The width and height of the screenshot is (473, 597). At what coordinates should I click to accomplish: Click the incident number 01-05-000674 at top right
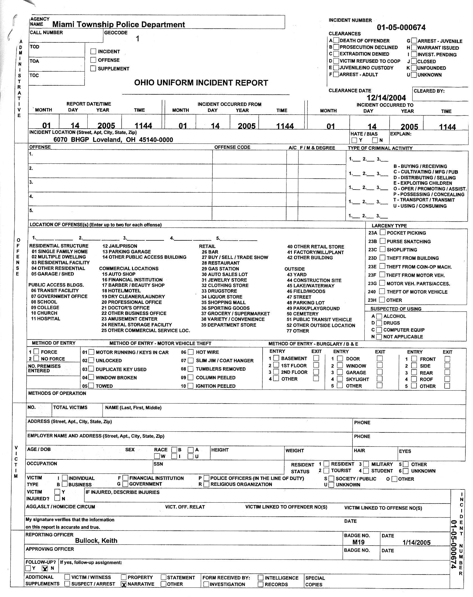pyautogui.click(x=401, y=28)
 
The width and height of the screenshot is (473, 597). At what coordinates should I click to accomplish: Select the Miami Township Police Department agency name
pyautogui.click(x=119, y=25)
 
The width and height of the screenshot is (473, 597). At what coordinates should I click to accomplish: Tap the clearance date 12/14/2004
pyautogui.click(x=386, y=98)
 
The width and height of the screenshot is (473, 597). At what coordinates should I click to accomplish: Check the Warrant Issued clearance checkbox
pyautogui.click(x=414, y=48)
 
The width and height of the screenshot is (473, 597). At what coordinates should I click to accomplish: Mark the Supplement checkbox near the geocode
pyautogui.click(x=93, y=69)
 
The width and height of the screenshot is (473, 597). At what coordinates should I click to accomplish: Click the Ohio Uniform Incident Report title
pyautogui.click(x=201, y=83)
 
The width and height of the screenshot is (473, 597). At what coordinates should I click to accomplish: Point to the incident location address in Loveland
pyautogui.click(x=113, y=140)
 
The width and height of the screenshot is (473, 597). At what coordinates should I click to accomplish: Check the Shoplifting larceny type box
pyautogui.click(x=382, y=249)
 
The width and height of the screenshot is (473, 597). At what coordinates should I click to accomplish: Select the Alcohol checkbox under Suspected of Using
pyautogui.click(x=379, y=316)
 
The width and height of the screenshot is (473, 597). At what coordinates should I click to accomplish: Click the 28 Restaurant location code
pyautogui.click(x=220, y=263)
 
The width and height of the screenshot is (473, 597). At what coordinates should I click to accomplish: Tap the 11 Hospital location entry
pyautogui.click(x=46, y=319)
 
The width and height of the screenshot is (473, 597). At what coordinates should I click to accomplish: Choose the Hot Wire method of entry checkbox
pyautogui.click(x=191, y=352)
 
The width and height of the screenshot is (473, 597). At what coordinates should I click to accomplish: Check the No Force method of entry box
pyautogui.click(x=36, y=359)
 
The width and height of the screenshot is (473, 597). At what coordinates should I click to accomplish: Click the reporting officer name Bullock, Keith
pyautogui.click(x=96, y=541)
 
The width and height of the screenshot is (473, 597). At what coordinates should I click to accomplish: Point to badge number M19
pyautogui.click(x=358, y=543)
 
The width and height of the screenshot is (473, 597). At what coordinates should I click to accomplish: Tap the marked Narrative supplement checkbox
pyautogui.click(x=124, y=584)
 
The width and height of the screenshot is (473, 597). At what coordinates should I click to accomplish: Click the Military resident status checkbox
pyautogui.click(x=366, y=464)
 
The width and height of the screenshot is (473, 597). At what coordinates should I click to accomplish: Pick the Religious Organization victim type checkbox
pyautogui.click(x=206, y=484)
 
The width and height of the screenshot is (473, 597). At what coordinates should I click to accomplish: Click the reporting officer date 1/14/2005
pyautogui.click(x=416, y=543)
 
